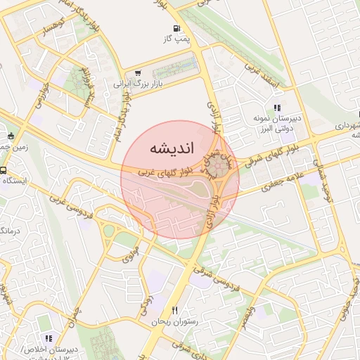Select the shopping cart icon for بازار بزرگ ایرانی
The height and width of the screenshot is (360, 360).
pos(137,72)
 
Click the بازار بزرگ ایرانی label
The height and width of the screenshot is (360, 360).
pos(139,84)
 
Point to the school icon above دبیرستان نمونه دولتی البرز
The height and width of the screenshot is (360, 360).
pos(277,108)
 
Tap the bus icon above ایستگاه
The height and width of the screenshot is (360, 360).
pos(4,171)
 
